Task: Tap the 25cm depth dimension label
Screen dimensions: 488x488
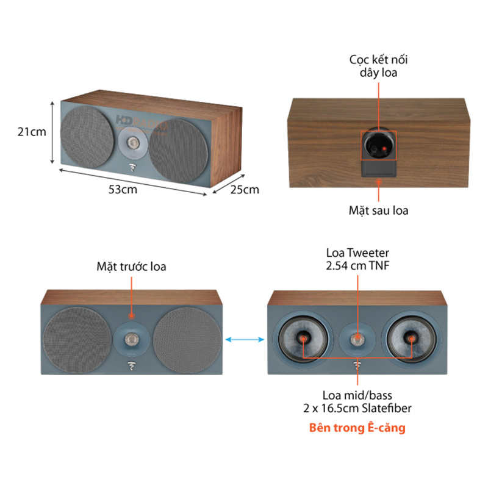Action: (x=245, y=189)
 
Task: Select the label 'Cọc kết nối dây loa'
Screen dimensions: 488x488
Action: (x=378, y=66)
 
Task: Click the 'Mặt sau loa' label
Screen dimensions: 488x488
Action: (x=378, y=211)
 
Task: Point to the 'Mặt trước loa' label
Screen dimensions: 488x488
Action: (x=131, y=267)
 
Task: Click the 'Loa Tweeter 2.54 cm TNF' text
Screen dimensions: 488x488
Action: (x=357, y=259)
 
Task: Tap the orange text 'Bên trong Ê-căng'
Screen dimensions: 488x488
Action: (x=357, y=428)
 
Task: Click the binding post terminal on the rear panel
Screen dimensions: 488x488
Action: (x=379, y=146)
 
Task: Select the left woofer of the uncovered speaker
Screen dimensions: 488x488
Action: (x=303, y=338)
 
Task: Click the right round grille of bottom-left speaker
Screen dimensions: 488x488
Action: (x=187, y=339)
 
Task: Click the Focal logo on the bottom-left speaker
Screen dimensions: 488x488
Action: (x=132, y=367)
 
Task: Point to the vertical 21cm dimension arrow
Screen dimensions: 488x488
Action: (x=54, y=131)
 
